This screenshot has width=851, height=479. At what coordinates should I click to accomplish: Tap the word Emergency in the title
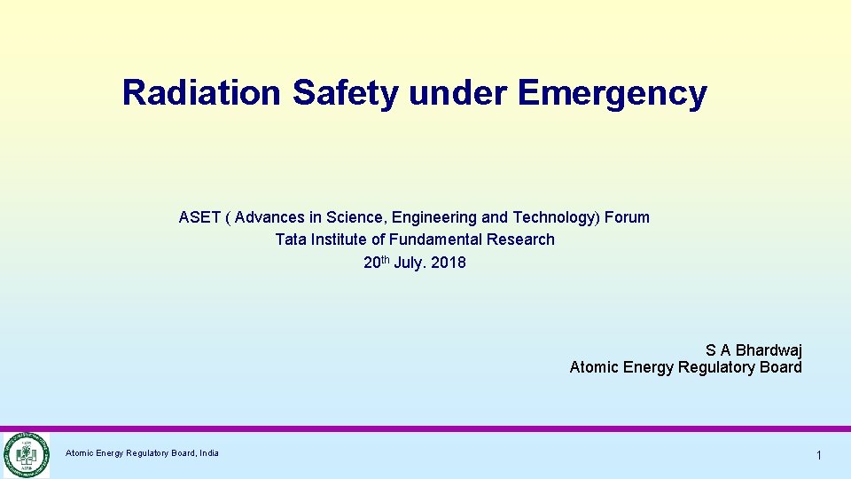click(612, 92)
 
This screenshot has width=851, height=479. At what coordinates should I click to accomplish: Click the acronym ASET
click(199, 217)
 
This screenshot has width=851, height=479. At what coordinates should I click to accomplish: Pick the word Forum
click(627, 217)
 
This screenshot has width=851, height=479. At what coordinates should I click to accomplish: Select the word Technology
click(555, 217)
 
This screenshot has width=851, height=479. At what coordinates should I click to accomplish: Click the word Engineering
click(434, 217)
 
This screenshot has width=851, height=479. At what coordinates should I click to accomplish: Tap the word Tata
click(291, 239)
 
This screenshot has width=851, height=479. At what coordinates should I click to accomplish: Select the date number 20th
click(377, 262)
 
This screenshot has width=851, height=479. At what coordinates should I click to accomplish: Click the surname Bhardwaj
click(769, 350)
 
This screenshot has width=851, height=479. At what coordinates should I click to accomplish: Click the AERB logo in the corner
click(26, 454)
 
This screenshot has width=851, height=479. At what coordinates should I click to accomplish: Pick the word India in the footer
click(209, 453)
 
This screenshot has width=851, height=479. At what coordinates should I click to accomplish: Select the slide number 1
click(819, 455)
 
